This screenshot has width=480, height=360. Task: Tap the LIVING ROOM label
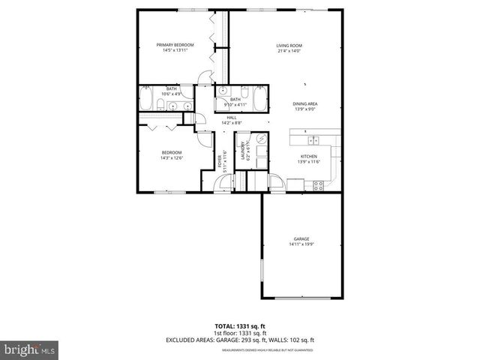tap(289, 46)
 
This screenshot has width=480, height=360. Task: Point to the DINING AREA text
tap(304, 103)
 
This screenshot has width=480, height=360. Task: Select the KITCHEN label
tap(308, 157)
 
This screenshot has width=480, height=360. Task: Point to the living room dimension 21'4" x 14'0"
tap(289, 51)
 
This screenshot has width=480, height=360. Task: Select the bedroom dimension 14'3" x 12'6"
tap(172, 158)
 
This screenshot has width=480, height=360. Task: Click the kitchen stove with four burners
tap(317, 184)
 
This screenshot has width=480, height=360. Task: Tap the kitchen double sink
tap(313, 140)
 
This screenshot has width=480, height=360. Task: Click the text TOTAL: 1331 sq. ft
tap(239, 327)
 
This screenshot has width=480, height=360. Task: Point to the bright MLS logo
tap(30, 349)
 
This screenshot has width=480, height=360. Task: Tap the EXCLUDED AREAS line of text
tap(239, 340)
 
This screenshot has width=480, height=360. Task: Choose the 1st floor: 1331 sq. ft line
tap(239, 334)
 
